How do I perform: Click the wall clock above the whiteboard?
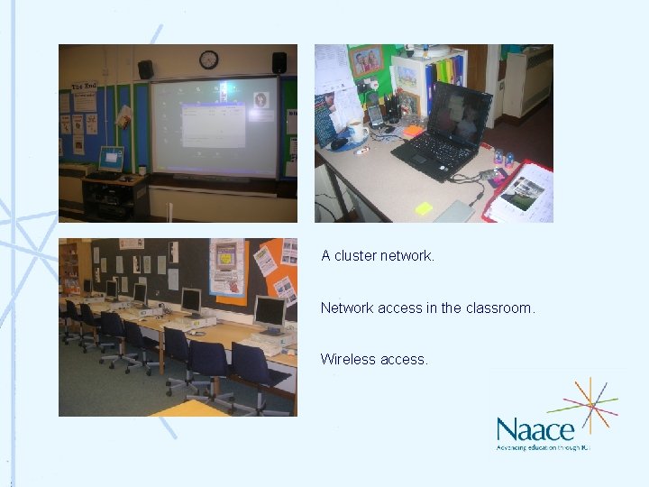(x=208, y=60)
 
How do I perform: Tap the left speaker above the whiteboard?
(x=145, y=69)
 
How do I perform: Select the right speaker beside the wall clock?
(x=279, y=62)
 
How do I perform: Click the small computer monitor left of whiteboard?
(x=111, y=159)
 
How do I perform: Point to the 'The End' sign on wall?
(x=84, y=87)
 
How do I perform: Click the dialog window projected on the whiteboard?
(x=215, y=124)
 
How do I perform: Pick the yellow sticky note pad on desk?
(x=424, y=207)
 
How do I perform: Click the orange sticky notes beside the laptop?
(x=414, y=131)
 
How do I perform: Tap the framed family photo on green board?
(x=367, y=62)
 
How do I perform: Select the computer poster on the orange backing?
(x=226, y=267)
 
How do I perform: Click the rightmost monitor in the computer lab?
(x=268, y=314)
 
